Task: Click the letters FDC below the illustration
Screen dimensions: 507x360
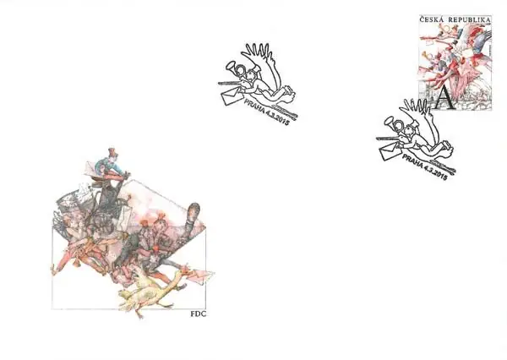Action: tap(199, 314)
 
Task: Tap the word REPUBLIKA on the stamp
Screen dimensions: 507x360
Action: tap(469, 20)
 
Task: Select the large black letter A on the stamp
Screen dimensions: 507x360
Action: tap(444, 98)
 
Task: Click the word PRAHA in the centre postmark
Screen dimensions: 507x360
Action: tap(254, 106)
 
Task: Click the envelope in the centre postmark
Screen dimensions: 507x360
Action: tap(232, 96)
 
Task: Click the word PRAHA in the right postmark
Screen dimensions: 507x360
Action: tap(413, 162)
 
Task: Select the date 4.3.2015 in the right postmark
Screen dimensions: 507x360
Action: tap(435, 173)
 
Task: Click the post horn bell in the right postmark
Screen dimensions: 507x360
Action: tap(389, 122)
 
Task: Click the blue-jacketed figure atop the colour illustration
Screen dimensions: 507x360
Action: tap(110, 164)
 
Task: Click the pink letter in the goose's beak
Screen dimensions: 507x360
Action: tap(202, 275)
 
